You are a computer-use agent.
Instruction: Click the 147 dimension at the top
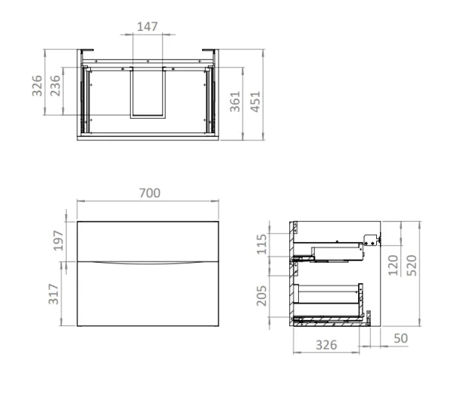click(148, 27)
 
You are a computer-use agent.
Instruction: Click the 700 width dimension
click(148, 193)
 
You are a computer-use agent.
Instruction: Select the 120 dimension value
click(393, 266)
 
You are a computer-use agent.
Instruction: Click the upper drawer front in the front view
click(148, 239)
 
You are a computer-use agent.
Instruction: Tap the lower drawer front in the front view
click(148, 295)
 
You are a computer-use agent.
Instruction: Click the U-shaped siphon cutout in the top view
click(148, 93)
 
